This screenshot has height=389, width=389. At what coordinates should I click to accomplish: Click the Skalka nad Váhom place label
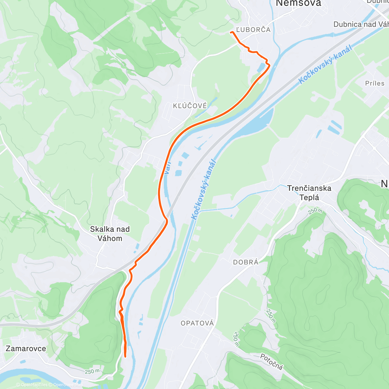pos(110,234)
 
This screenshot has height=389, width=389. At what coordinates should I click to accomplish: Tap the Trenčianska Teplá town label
pos(309,193)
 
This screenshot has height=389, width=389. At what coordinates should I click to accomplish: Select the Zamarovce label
pos(26,349)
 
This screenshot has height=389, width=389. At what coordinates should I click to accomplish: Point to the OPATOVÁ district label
pos(197,323)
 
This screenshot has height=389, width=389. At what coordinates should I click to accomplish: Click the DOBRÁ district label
pos(246,262)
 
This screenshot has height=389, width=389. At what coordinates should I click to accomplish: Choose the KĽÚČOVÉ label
pos(190,106)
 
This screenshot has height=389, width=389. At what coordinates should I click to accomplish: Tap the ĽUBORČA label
pos(253,30)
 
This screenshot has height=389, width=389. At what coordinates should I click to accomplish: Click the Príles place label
pos(375,83)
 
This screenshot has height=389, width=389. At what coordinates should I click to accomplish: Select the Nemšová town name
pos(298,4)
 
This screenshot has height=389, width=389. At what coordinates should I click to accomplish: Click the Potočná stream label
pos(272,361)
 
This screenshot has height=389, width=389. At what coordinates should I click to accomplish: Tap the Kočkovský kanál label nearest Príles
pos(325,65)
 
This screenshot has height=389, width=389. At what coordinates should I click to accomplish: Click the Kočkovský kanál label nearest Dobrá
pos(204,190)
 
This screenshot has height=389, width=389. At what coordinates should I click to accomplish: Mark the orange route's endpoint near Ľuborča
pos(231,32)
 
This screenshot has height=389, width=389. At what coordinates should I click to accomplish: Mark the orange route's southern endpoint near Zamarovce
pos(125,356)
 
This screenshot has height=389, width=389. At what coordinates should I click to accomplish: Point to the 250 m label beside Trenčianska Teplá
pos(315,211)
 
